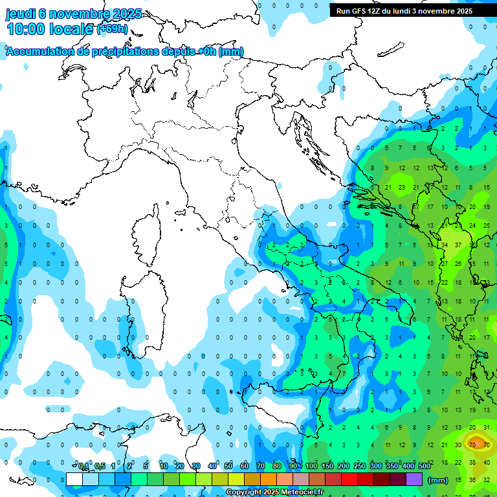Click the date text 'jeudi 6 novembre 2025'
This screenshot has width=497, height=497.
[x=74, y=14]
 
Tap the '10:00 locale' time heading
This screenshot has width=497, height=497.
[x=50, y=28]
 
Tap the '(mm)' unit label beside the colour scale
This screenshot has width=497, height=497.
[x=437, y=480]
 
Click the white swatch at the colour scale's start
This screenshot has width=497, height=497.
[x=74, y=480]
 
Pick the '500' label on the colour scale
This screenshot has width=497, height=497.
[x=425, y=467]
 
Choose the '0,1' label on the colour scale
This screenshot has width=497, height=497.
[x=83, y=467]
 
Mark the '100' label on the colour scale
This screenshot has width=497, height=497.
[x=311, y=467]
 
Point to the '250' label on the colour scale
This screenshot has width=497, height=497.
[x=359, y=467]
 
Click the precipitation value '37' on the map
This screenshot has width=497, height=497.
[x=458, y=245]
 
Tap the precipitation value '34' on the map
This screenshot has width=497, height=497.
[x=445, y=245]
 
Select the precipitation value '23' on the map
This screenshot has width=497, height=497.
[x=402, y=188]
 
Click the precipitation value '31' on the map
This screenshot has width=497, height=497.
[x=487, y=427]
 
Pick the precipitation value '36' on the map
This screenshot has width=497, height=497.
[x=472, y=480]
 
